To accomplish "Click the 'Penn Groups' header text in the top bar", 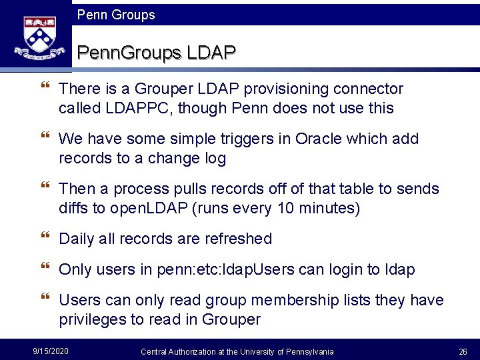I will tap(116, 15).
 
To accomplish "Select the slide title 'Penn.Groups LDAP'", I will tap(157, 52).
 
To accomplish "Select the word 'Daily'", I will tap(77, 239).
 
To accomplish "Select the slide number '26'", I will tap(463, 351).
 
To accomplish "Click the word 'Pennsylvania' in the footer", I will tap(309, 351).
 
